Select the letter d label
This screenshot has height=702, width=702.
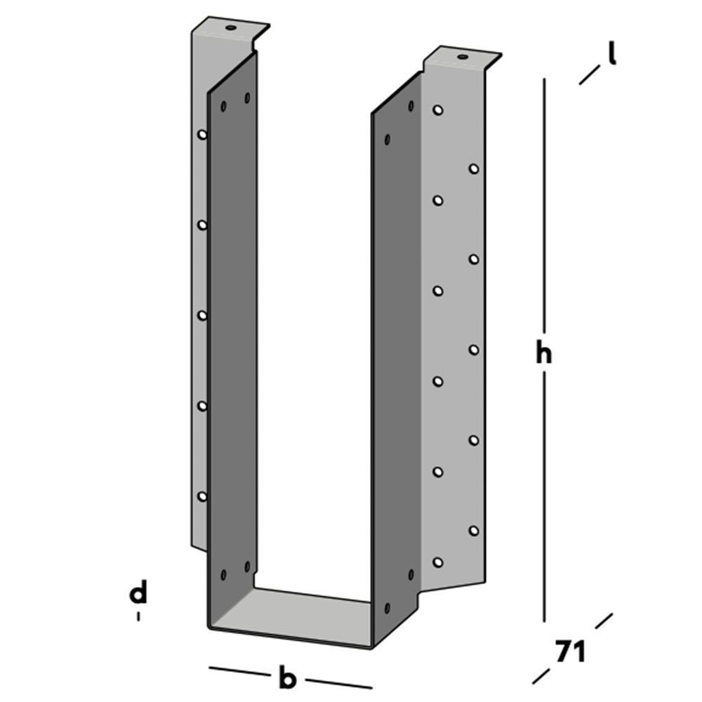click(139, 594)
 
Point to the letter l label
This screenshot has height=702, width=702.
click(612, 54)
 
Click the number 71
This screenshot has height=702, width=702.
click(570, 652)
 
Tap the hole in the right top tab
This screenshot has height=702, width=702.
click(461, 57)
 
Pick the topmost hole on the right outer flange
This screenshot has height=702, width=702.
click(437, 111)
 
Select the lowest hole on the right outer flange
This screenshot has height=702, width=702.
click(438, 562)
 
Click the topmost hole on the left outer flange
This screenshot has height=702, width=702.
click(202, 134)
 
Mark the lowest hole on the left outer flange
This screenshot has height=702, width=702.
click(202, 496)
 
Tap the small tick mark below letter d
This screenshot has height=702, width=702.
click(139, 616)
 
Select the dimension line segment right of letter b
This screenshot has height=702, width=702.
click(338, 682)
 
